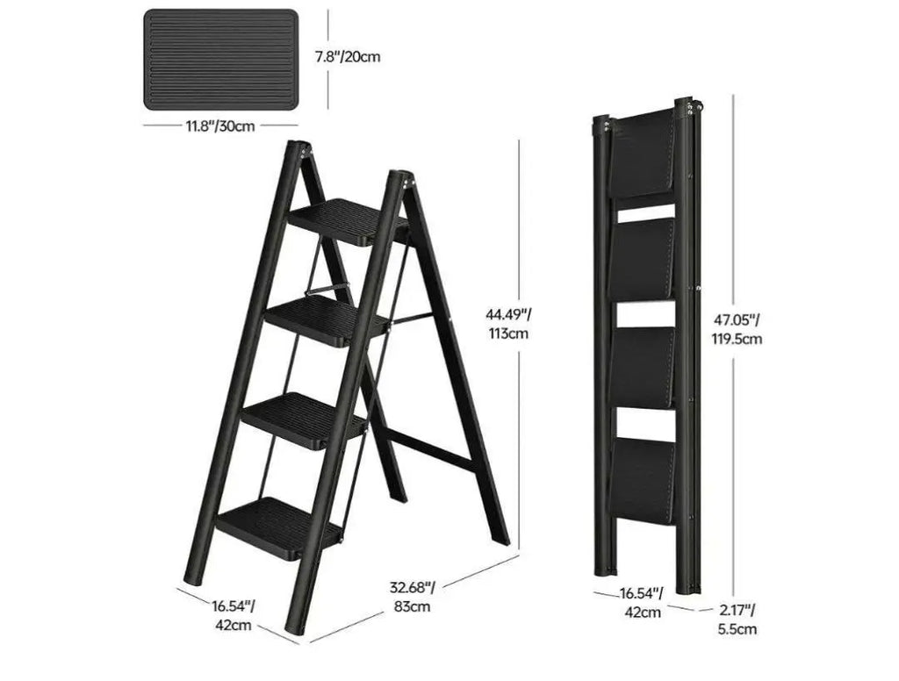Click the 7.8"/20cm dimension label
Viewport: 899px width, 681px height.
point(347,57)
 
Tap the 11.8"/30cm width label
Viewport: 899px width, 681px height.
point(219,125)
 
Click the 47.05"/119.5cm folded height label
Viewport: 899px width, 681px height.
point(737,329)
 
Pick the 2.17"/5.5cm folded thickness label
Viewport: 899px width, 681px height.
point(737,619)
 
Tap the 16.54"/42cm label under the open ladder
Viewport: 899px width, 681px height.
point(234,615)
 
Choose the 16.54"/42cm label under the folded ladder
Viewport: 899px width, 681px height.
point(642,603)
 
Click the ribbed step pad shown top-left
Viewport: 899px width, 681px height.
point(220,59)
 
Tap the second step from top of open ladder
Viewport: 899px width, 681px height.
point(327,321)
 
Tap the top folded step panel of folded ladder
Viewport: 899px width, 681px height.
point(642,154)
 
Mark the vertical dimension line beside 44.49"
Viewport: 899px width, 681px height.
point(520,347)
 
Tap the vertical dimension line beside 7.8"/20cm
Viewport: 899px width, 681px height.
point(328,59)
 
